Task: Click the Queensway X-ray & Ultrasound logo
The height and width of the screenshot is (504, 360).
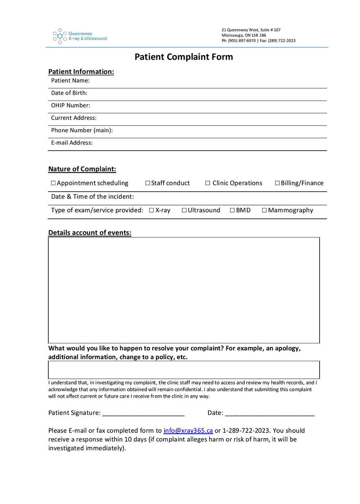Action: [80, 36]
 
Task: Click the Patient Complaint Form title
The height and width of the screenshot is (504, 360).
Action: [184, 57]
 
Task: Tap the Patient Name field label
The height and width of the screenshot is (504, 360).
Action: [70, 81]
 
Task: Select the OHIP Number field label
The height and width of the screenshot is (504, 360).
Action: [71, 105]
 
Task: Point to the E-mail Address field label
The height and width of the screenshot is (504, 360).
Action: [72, 143]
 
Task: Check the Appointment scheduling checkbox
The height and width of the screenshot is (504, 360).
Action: [53, 183]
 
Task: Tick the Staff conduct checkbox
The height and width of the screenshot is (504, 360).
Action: [148, 183]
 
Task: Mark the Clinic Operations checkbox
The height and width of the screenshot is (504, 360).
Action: [208, 183]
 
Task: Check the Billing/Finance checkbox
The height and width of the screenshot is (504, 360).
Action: [277, 183]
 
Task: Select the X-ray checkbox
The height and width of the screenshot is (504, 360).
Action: [152, 210]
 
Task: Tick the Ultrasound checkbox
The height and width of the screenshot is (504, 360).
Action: [184, 210]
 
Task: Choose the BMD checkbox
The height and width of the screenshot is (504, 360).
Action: [232, 210]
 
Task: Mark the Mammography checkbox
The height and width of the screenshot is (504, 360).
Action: [264, 210]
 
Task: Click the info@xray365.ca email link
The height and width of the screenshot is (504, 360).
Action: [188, 431]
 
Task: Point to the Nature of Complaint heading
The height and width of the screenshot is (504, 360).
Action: [82, 169]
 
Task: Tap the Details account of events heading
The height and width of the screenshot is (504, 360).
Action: [90, 233]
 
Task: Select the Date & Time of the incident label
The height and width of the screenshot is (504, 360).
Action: [92, 197]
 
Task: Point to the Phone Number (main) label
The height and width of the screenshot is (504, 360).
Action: [82, 130]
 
